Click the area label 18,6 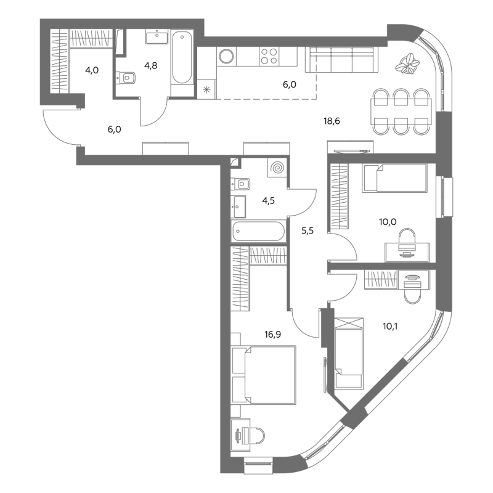click(x=332, y=121)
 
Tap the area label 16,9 click(x=272, y=335)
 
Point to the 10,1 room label click(x=390, y=327)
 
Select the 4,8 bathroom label click(x=150, y=66)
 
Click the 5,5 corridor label click(x=308, y=230)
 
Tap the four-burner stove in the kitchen click(x=269, y=56)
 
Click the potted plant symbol click(x=407, y=64)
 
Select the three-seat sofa click(x=342, y=60)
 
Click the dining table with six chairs click(x=401, y=112)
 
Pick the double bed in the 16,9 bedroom click(x=264, y=375)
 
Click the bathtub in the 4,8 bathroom click(x=182, y=57)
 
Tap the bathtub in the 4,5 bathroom click(x=258, y=232)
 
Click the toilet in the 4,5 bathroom click(x=240, y=184)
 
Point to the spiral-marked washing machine click(x=277, y=168)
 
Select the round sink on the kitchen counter click(x=226, y=57)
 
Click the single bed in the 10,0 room click(x=395, y=177)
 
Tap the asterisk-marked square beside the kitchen click(x=206, y=90)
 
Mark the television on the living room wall click(x=351, y=151)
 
